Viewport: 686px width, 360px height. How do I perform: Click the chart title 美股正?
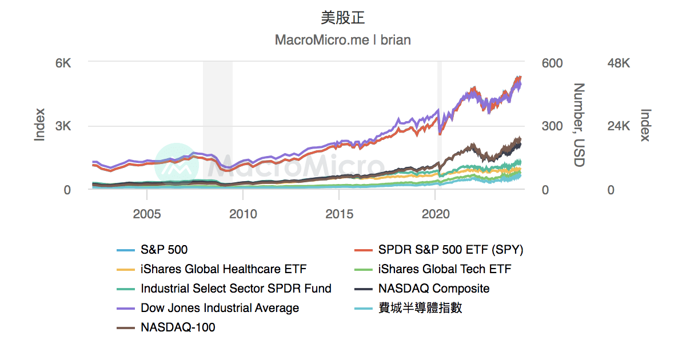tap(343, 18)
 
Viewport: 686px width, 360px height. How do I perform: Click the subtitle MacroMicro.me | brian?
tap(343, 40)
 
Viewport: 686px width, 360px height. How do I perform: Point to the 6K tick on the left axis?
tap(63, 63)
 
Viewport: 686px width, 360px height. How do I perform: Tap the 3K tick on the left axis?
tap(63, 126)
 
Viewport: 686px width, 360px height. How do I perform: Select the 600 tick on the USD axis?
tap(552, 63)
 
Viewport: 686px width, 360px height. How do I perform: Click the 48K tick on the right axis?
tap(619, 63)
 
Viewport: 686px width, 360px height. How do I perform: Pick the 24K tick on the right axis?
tap(619, 126)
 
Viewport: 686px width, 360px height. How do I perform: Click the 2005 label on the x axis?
tap(147, 214)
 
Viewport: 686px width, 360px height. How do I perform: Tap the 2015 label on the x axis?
tap(339, 214)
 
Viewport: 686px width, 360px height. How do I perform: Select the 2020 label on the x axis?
tap(436, 214)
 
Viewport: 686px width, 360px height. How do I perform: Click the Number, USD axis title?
tap(580, 125)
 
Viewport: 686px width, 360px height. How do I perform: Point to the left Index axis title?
tap(39, 125)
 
